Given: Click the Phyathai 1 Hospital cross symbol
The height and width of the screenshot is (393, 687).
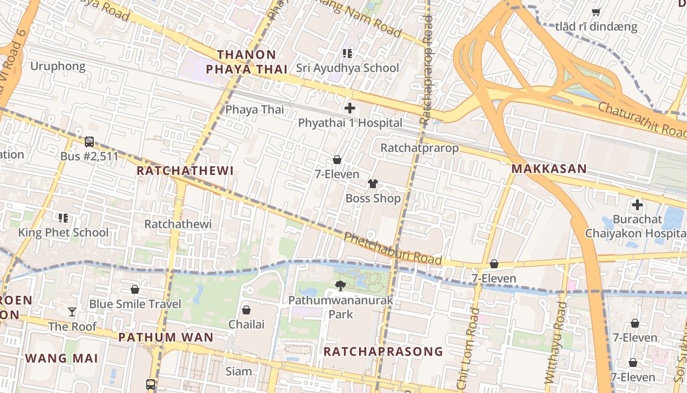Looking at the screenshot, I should point(350,108).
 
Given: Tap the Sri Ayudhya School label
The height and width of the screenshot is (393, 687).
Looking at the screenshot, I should point(347,68).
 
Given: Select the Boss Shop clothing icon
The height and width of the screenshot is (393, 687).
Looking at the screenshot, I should point(373,184).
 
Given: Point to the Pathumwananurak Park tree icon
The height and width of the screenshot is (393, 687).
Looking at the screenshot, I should point(341,285).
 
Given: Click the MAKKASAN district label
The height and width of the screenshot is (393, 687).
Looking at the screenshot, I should point(549,169).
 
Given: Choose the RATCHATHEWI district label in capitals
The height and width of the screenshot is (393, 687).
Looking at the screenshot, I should point(185,171).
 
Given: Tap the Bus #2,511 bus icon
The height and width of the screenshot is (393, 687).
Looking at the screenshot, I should point(89,141).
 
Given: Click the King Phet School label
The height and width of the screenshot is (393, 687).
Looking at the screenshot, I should point(63,232).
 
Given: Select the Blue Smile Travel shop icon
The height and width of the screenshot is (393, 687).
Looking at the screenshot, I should point(135,289).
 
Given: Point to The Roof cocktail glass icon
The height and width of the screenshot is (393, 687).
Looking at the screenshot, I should point(72,311).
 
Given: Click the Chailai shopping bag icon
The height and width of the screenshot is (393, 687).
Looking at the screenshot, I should point(246,310).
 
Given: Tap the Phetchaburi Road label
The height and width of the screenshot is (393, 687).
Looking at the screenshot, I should point(393,249).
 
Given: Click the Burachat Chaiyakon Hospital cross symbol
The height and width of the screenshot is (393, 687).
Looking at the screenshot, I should point(637,205).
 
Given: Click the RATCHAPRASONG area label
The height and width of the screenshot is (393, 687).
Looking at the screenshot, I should point(383,351).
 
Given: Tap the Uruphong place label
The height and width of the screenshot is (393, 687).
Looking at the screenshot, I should point(58,66).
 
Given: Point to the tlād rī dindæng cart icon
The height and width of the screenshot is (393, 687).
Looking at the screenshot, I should point(596,12).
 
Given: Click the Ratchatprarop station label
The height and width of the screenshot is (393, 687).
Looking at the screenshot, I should point(420,148).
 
